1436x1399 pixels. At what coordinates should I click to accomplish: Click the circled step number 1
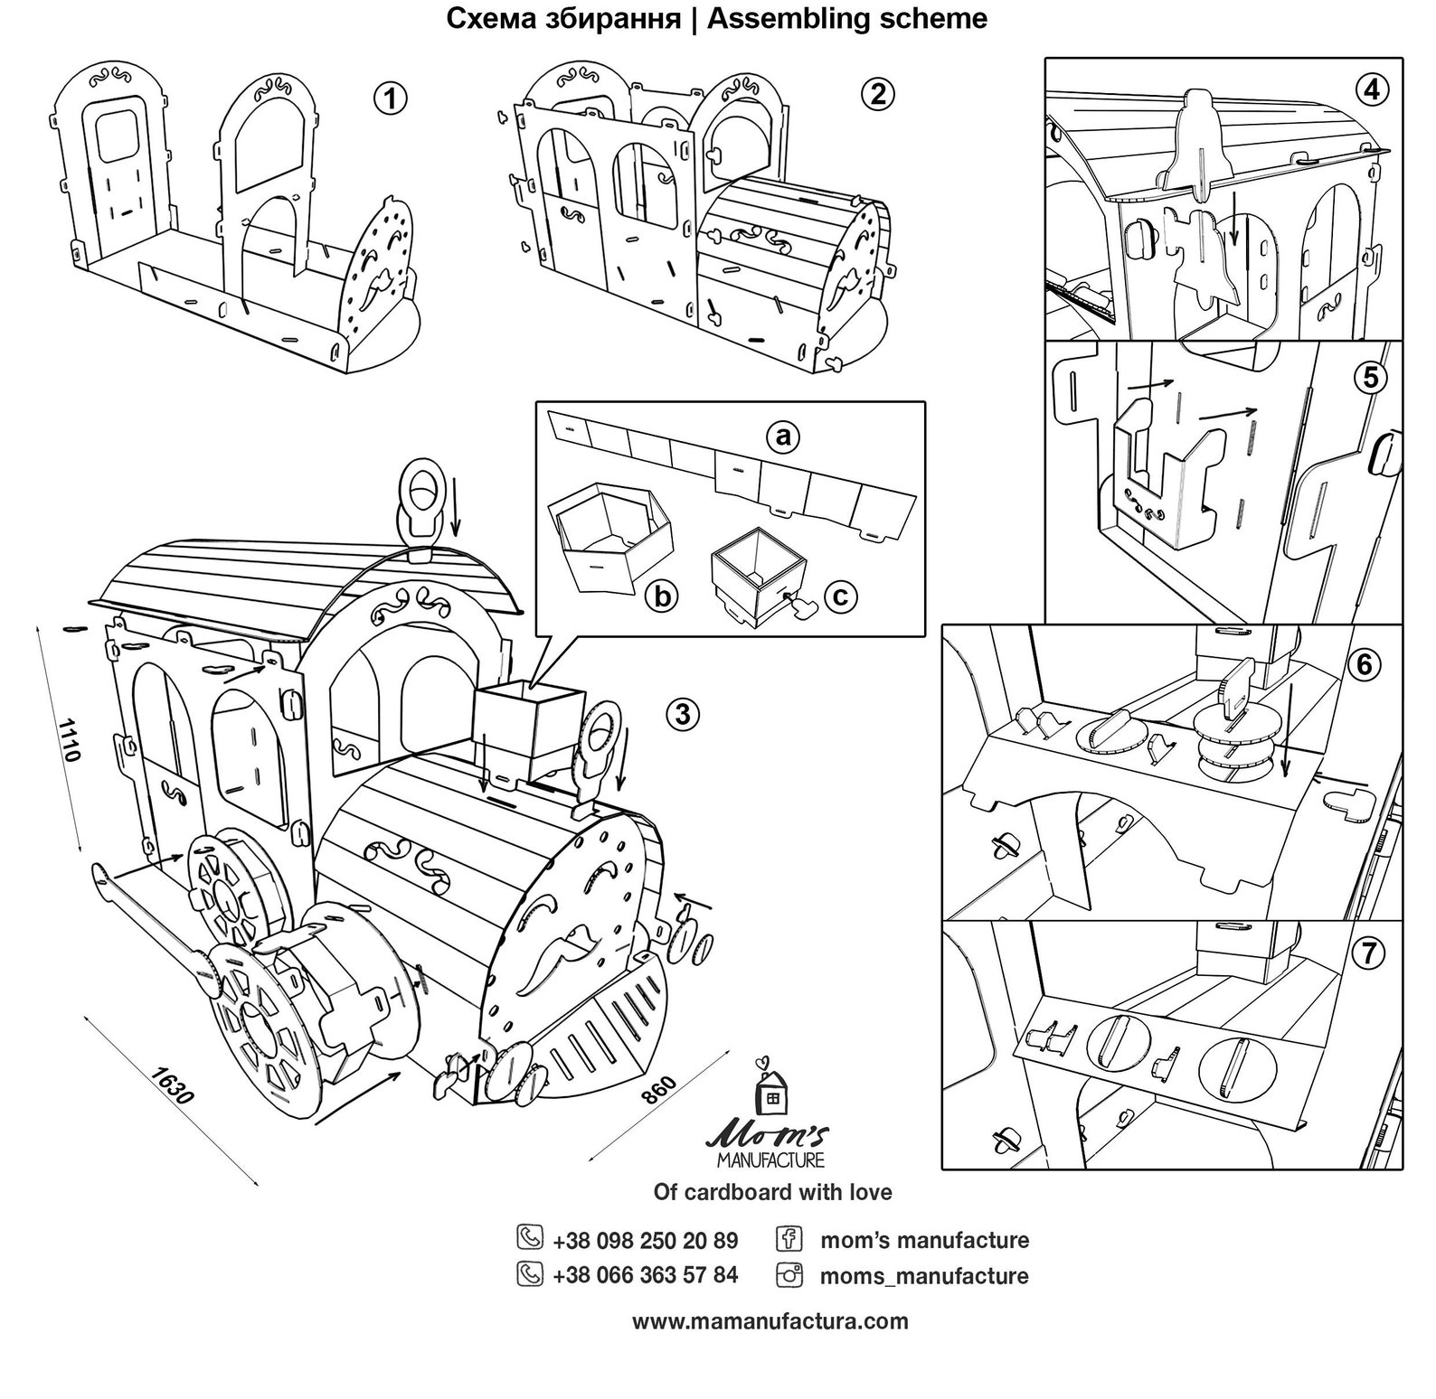pyautogui.click(x=391, y=99)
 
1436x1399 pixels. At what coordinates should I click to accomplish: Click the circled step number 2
pyautogui.click(x=877, y=93)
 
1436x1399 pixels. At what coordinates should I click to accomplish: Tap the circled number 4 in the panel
pyautogui.click(x=1372, y=89)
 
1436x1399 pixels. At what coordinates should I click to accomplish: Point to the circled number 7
pyautogui.click(x=1371, y=952)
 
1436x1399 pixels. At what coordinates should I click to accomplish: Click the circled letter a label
pyautogui.click(x=783, y=437)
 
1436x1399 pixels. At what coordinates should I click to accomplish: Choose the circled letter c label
pyautogui.click(x=840, y=596)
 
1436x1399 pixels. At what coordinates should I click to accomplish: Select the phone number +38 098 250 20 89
pyautogui.click(x=645, y=1239)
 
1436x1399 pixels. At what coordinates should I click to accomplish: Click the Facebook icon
pyautogui.click(x=789, y=1237)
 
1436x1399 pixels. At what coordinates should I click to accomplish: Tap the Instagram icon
pyautogui.click(x=789, y=1275)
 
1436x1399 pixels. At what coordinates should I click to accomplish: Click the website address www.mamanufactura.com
pyautogui.click(x=770, y=1321)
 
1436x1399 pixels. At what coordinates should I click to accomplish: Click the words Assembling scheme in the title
pyautogui.click(x=846, y=18)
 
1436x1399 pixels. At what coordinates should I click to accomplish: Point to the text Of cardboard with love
pyautogui.click(x=772, y=1192)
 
